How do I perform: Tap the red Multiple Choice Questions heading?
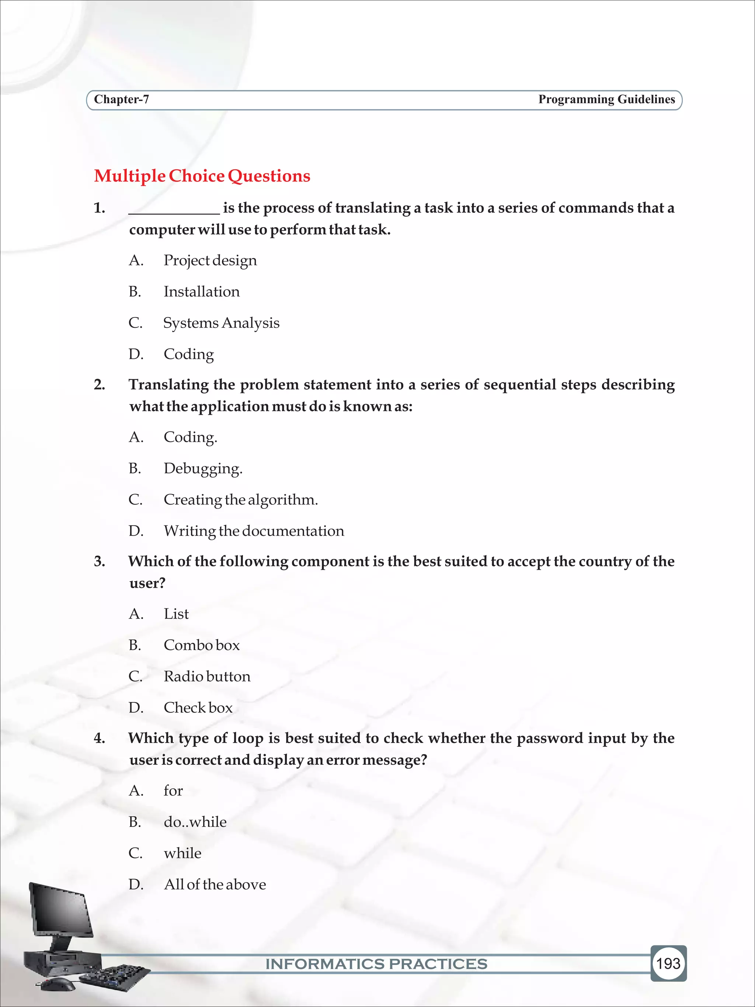click(x=202, y=176)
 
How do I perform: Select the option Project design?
click(x=210, y=260)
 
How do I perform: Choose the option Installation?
click(x=202, y=292)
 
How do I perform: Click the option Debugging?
click(x=203, y=468)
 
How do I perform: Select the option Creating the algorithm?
click(x=241, y=500)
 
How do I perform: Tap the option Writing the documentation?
click(x=254, y=531)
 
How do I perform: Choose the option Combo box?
click(x=202, y=645)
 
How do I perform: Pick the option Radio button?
click(x=207, y=677)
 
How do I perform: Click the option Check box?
click(x=198, y=708)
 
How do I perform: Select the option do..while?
click(x=195, y=822)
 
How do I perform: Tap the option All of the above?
click(x=215, y=885)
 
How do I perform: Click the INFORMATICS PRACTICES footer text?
click(x=376, y=964)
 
